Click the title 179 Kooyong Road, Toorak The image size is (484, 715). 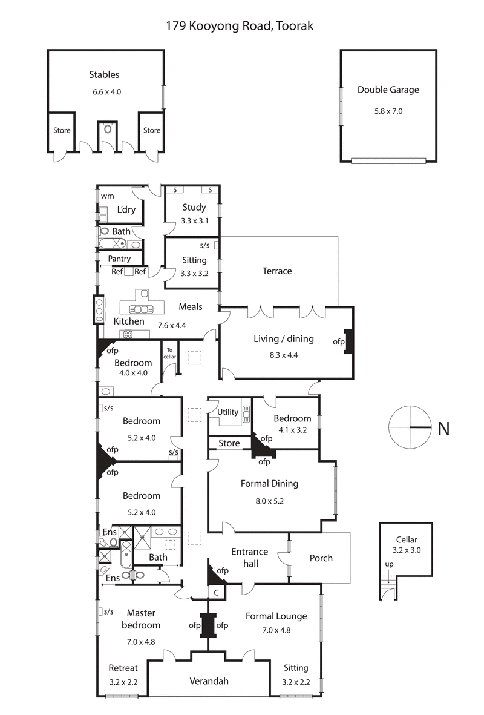pyautogui.click(x=240, y=26)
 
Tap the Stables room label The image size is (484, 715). pyautogui.click(x=104, y=75)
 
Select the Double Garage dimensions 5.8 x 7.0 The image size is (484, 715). pyautogui.click(x=388, y=111)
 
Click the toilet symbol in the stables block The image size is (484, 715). pyautogui.click(x=108, y=128)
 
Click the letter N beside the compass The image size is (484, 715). pyautogui.click(x=443, y=429)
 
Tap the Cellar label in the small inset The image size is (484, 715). pyautogui.click(x=407, y=540)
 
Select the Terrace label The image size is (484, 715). pyautogui.click(x=277, y=271)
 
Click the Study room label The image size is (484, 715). pyautogui.click(x=194, y=208)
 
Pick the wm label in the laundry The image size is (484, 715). pyautogui.click(x=107, y=196)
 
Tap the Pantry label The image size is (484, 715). pyautogui.click(x=119, y=259)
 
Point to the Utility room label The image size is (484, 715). pyautogui.click(x=227, y=412)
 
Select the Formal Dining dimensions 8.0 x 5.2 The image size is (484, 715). pyautogui.click(x=269, y=501)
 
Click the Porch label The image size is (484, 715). pyautogui.click(x=321, y=558)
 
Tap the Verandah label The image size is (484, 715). pyautogui.click(x=209, y=681)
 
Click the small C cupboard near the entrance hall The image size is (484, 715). pyautogui.click(x=216, y=592)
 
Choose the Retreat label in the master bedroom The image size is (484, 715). pyautogui.click(x=123, y=668)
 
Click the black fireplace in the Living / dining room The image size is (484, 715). pyautogui.click(x=348, y=341)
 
